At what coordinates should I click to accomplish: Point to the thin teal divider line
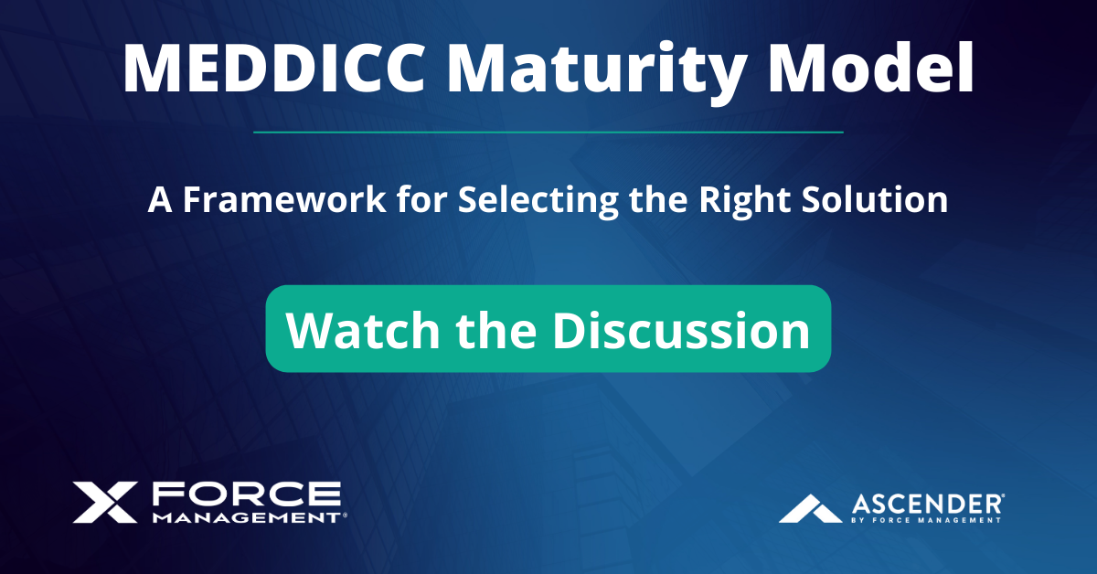(548, 133)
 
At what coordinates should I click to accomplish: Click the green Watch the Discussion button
(548, 329)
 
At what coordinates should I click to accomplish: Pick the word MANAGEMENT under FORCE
(245, 517)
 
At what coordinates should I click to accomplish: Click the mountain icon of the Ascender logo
(810, 508)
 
